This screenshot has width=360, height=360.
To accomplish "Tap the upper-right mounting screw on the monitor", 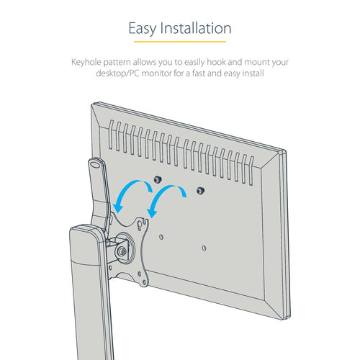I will point(200,192).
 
